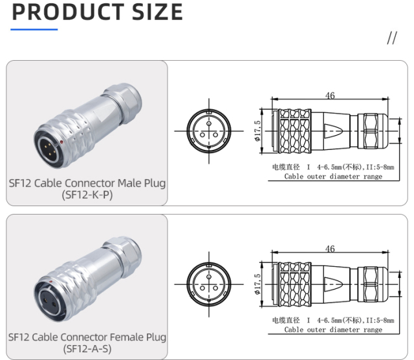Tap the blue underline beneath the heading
pos(34,29)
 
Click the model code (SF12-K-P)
pos(87,195)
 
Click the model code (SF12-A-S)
pos(87,349)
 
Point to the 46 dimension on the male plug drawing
pos(330,96)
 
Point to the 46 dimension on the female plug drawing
pos(330,249)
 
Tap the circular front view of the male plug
pos(208,130)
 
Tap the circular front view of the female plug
pos(208,284)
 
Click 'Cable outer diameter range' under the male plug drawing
pos(333,176)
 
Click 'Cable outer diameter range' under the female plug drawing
pos(333,330)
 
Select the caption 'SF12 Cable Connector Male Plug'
pos(87,183)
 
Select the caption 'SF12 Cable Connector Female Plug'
pos(87,337)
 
